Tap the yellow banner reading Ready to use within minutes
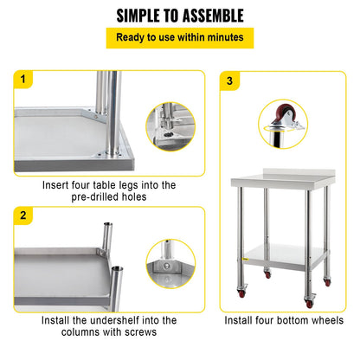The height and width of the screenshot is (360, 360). [180, 38]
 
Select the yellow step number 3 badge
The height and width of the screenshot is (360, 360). [228, 80]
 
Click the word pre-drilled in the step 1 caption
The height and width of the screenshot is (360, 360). [75, 197]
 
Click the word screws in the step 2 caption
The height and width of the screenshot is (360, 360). [138, 332]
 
